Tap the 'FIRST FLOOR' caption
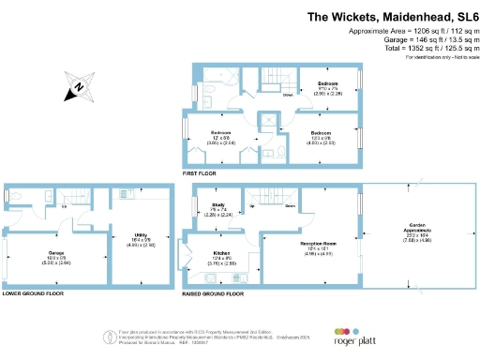tap(202, 173)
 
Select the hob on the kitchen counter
tap(234, 278)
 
